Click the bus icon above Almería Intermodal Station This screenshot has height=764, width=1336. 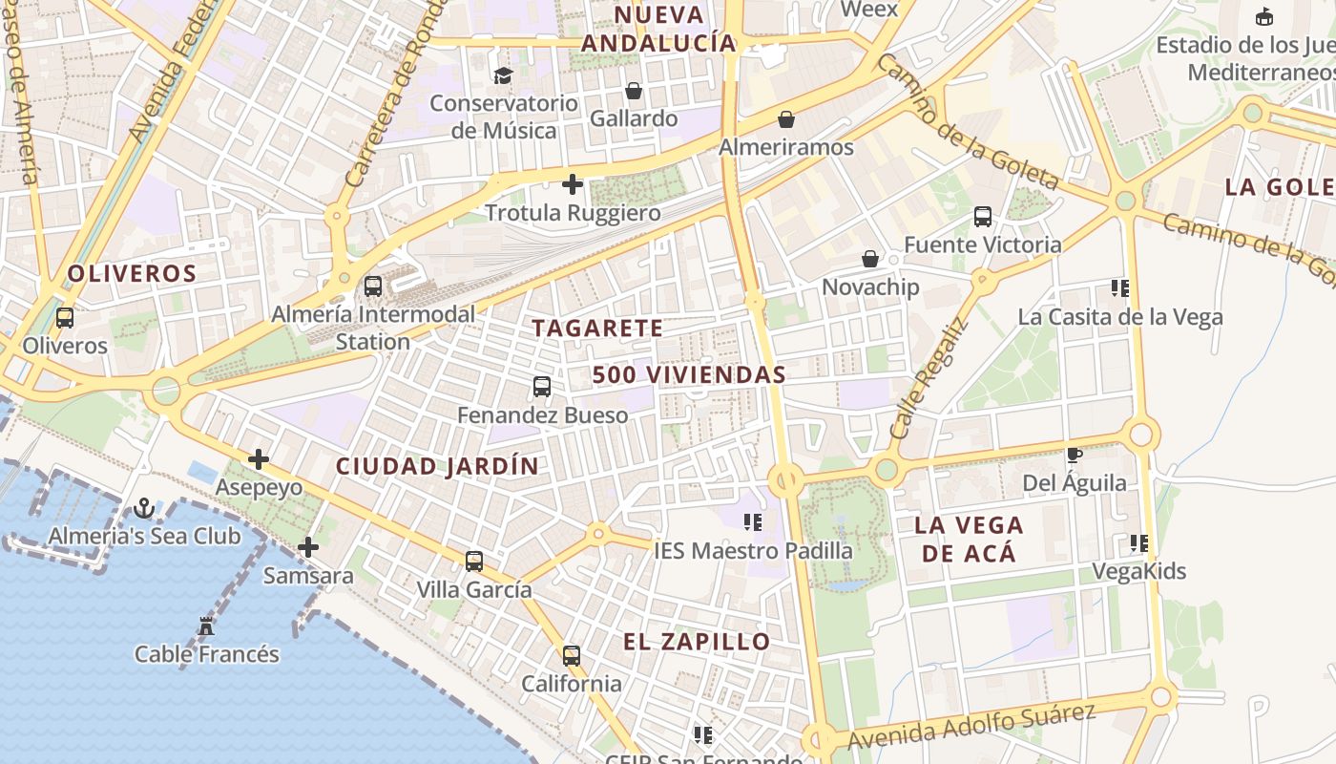coord(373,286)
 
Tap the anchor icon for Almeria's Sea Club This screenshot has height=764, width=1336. coord(144,508)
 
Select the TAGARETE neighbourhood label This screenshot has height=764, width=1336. coord(597,329)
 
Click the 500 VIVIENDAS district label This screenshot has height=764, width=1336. coord(689,375)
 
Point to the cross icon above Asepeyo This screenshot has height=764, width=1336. coord(258,459)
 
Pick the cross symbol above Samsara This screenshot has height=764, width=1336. coord(307,547)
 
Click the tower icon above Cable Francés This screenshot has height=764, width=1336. coord(205,626)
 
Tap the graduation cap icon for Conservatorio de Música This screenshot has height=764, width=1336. coord(503,75)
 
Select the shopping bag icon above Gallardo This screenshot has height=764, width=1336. coord(633,91)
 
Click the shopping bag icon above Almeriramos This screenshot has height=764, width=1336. coord(785,119)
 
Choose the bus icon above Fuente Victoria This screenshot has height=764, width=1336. coord(982,217)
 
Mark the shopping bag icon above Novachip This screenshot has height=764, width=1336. coord(869,259)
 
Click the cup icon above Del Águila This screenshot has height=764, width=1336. coord(1074,456)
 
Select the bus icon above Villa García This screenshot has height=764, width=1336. coord(474,562)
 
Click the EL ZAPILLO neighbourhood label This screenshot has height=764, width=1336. coord(697,642)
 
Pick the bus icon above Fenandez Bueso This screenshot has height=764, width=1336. coord(542,387)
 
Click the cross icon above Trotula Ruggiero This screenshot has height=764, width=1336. coord(573,183)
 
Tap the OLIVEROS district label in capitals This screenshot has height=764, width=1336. coord(132,274)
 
